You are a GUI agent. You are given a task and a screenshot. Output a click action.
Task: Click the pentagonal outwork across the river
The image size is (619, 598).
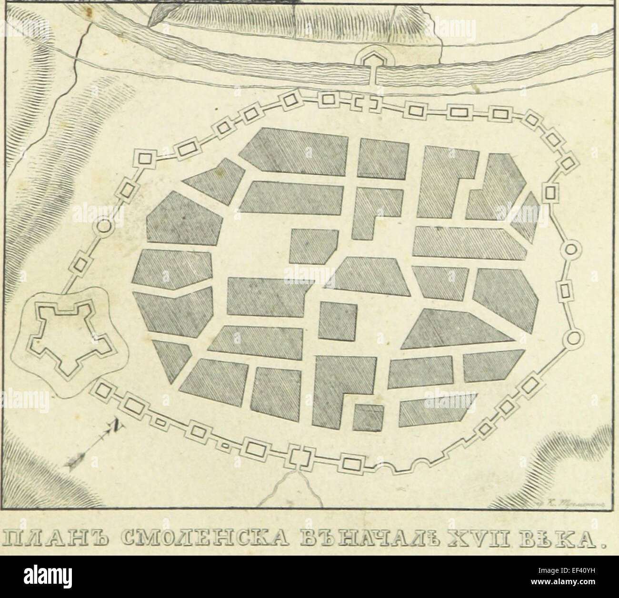369,61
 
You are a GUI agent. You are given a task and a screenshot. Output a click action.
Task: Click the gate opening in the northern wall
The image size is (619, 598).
366,103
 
